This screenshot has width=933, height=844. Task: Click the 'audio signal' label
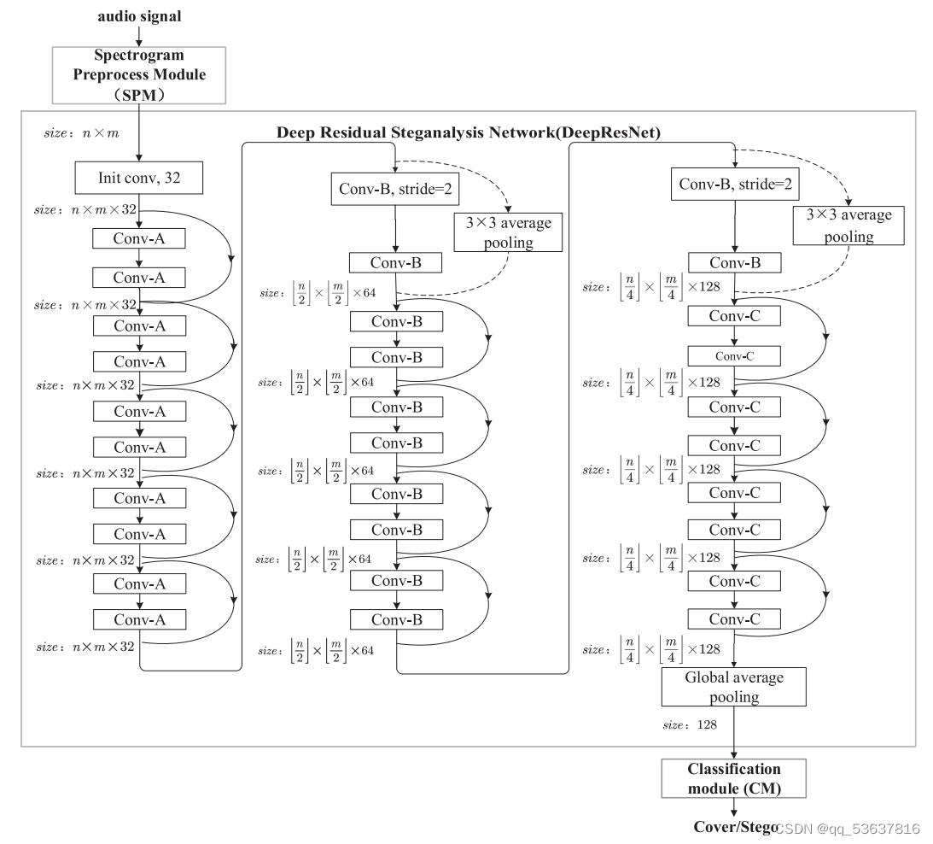pos(138,16)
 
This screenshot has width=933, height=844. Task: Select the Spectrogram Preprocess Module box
pos(138,74)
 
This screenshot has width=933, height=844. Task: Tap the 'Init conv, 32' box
pos(138,179)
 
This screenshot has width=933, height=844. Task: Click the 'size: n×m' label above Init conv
pos(81,133)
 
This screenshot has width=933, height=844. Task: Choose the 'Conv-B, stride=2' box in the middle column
pos(394,188)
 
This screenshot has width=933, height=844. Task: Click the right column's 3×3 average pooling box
pos(848,226)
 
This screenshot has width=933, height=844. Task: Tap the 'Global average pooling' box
pos(734,687)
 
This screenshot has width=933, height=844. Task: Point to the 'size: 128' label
pos(690,724)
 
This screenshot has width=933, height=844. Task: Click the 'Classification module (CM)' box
pos(734,778)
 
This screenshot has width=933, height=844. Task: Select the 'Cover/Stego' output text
pos(734,828)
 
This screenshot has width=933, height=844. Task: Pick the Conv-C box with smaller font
pos(734,355)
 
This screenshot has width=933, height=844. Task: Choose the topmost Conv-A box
pos(138,239)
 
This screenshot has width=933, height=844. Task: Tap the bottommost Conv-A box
pos(138,619)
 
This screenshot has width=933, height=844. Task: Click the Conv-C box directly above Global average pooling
pos(734,618)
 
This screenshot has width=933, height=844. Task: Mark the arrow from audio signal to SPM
pos(138,36)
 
